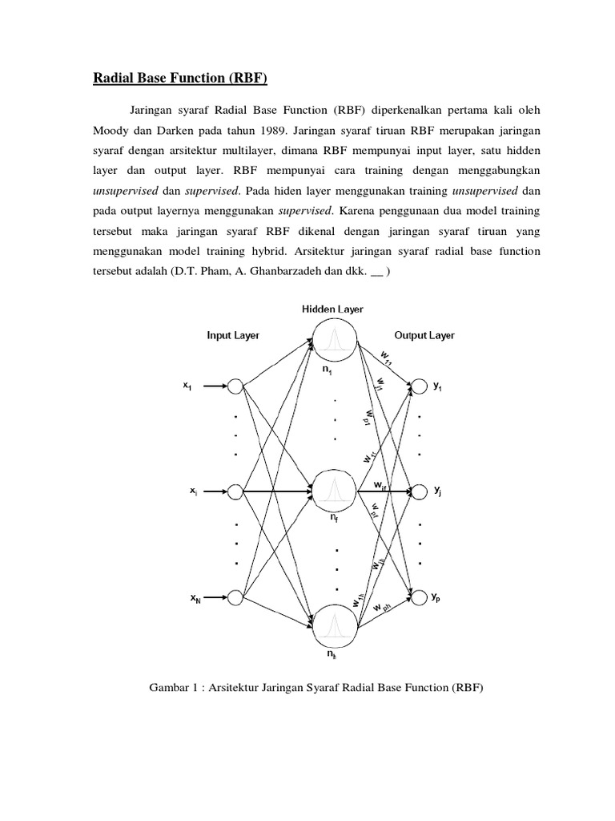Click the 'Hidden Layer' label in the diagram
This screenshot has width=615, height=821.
332,309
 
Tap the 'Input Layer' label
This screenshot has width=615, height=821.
233,336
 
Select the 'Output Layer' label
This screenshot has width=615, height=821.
424,335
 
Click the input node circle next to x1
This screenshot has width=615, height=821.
235,386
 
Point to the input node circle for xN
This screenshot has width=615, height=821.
235,597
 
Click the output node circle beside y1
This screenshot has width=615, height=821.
418,386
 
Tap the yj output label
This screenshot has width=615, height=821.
438,491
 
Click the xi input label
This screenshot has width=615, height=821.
195,491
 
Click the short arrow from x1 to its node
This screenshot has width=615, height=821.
212,386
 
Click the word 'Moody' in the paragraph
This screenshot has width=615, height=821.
109,129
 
